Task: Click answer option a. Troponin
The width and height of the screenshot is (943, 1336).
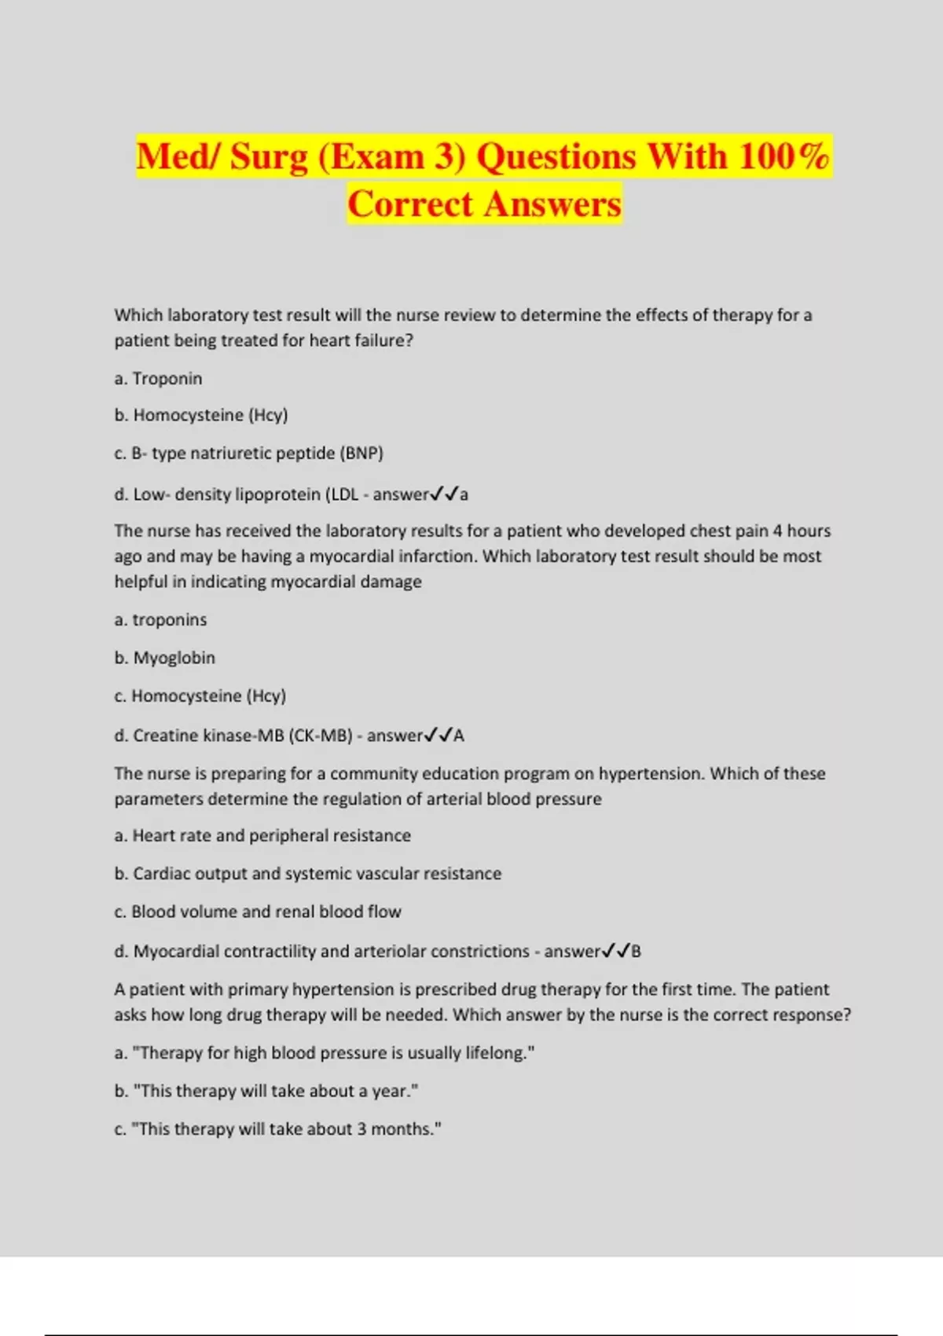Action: [x=158, y=379]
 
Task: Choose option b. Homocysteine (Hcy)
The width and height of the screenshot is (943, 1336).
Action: [x=201, y=415]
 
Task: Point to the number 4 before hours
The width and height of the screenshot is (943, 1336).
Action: [x=777, y=531]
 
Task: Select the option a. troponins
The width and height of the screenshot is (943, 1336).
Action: [x=160, y=620]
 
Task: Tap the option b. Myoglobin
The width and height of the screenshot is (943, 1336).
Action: [x=164, y=658]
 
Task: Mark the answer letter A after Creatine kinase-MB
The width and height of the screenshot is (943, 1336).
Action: [x=459, y=736]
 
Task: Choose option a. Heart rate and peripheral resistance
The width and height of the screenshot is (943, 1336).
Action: [x=262, y=835]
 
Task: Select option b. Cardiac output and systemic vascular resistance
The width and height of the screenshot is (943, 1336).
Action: [x=307, y=874]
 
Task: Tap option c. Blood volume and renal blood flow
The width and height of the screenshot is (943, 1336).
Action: [x=258, y=912]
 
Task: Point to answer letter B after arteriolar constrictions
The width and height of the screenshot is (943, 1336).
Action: [x=636, y=952]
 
